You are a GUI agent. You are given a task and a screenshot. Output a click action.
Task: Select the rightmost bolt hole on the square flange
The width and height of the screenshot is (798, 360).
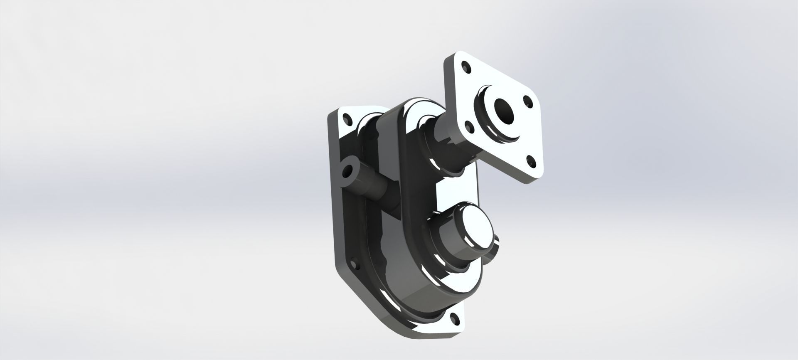click(x=528, y=100)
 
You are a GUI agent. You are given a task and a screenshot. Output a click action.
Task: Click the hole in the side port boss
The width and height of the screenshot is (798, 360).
click(x=346, y=170)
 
